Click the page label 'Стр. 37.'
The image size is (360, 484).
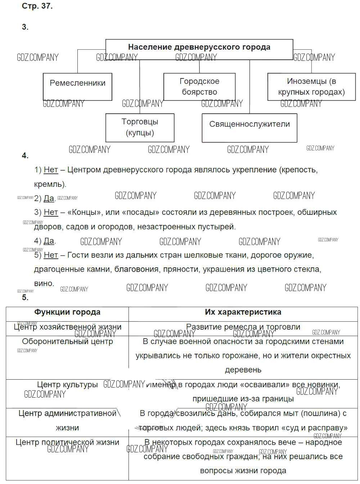[x=37, y=6]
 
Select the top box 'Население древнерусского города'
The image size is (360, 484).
[x=199, y=47]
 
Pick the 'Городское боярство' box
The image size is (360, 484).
[x=199, y=87]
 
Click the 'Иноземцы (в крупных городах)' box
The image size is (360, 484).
[x=311, y=87]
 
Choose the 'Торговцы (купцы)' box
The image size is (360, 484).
[x=140, y=127]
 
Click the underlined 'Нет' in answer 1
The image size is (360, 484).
[x=51, y=169]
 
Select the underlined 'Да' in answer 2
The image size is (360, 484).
[x=49, y=198]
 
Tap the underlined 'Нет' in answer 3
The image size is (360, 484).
[x=51, y=212]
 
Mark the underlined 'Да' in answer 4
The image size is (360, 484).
[x=49, y=241]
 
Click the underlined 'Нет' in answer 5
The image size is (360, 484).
[x=51, y=255]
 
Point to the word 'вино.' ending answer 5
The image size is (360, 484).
[x=44, y=283]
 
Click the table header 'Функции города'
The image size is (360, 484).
[x=67, y=312]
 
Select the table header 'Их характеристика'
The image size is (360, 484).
[x=243, y=312]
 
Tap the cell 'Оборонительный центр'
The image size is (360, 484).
[x=67, y=341]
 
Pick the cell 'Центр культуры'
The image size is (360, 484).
[x=67, y=385]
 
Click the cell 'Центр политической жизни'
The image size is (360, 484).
[x=67, y=442]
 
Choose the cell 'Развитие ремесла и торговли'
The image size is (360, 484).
[x=243, y=327]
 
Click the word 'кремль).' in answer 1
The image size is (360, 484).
[x=50, y=184]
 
